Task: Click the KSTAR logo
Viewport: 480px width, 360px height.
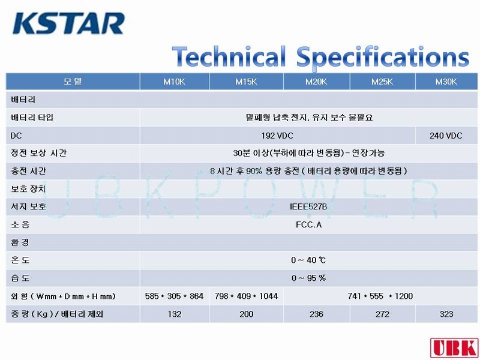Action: coord(68,23)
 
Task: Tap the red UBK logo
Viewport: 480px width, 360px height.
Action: coord(455,347)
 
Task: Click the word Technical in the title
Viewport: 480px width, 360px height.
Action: coord(229,57)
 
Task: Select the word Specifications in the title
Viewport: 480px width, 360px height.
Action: coord(383,58)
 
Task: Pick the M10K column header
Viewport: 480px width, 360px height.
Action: coord(174,82)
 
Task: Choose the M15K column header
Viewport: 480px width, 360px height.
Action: coord(246,82)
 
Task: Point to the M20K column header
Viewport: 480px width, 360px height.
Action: coord(316,82)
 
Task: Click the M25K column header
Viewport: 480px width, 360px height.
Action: coord(382,82)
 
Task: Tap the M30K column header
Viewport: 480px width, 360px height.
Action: coord(446,82)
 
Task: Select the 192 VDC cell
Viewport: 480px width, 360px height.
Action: coord(277,136)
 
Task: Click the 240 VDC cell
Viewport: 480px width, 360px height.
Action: coord(446,136)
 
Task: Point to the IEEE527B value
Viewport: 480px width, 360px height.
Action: coord(308,207)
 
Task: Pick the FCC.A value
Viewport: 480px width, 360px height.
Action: coord(308,224)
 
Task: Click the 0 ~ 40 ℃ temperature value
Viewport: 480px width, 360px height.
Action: coord(308,260)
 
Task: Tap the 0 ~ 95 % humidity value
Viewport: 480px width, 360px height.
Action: coord(308,278)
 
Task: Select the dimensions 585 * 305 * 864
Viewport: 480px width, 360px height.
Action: coord(174,296)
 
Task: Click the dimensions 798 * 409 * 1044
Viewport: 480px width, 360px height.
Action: coord(246,296)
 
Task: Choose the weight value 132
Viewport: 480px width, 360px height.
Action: coord(175,314)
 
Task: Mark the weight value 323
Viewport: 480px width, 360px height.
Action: coord(446,314)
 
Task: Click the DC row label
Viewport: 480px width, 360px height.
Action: coord(16,136)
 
